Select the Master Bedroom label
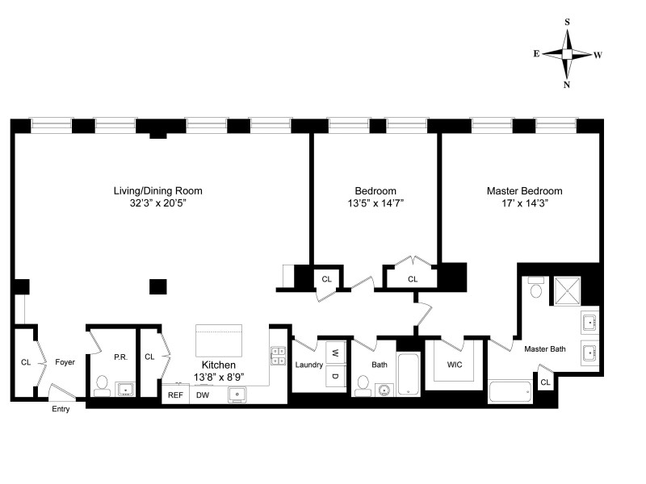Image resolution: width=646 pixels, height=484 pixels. tap(524, 191)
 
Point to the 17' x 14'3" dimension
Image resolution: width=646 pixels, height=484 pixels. tap(524, 204)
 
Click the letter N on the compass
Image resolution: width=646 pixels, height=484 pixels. tap(567, 85)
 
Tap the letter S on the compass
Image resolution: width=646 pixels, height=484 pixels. tap(567, 23)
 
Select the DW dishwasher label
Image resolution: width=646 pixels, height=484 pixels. tap(203, 395)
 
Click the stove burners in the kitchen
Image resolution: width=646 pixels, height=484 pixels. tap(279, 356)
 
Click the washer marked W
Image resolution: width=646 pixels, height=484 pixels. tap(334, 353)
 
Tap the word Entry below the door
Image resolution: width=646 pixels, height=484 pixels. tap(61, 409)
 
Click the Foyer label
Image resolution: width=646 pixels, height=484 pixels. tap(65, 362)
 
